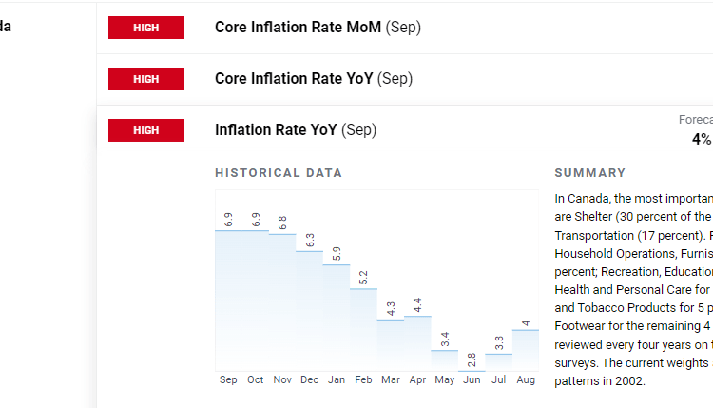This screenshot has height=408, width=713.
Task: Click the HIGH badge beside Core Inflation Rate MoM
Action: click(145, 28)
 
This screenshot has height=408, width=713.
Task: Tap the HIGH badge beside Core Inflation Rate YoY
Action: click(145, 79)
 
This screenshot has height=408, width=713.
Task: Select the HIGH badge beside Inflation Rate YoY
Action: click(145, 130)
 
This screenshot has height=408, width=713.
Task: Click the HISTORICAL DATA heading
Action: click(279, 173)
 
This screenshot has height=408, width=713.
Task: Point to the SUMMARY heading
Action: click(589, 173)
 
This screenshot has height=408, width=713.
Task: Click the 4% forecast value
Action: click(702, 139)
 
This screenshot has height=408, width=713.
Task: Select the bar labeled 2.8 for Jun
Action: click(472, 369)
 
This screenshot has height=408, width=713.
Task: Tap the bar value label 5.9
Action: click(337, 254)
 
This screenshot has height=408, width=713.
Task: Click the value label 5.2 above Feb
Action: click(364, 278)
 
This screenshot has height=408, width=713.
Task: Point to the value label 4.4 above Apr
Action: click(417, 305)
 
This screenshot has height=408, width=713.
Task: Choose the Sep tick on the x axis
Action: click(228, 380)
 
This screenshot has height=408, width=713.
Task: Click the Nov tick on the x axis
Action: click(282, 380)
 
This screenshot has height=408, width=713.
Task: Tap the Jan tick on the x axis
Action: click(337, 380)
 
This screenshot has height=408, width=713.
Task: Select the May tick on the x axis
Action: click(444, 380)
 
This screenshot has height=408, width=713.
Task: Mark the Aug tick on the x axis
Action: click(526, 380)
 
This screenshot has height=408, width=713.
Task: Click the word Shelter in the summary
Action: click(574, 217)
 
